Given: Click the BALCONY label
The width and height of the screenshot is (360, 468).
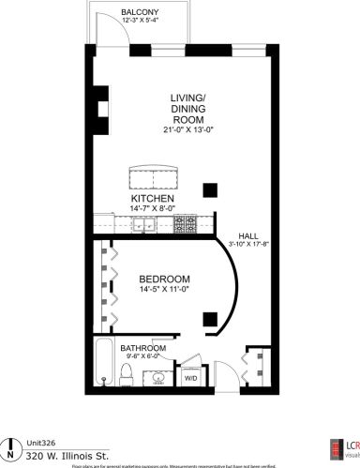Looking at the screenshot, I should point(140,12).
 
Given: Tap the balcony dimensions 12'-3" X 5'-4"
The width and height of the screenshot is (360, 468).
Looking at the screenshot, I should point(140,22).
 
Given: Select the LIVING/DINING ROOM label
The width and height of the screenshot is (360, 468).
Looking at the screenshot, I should point(187,109).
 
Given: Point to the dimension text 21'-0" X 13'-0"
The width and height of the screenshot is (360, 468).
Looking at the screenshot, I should point(187,131).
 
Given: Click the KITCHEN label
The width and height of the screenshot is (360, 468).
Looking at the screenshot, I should point(153,198).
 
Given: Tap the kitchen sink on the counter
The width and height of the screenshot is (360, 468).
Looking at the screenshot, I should point(144,225).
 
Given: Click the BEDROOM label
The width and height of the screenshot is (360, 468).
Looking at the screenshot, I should point(165,279).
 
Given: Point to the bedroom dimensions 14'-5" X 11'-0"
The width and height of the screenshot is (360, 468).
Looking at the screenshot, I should point(165,291).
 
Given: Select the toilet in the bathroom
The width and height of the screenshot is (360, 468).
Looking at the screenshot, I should point(127,375).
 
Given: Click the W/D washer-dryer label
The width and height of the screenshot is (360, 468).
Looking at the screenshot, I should point(189,380).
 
